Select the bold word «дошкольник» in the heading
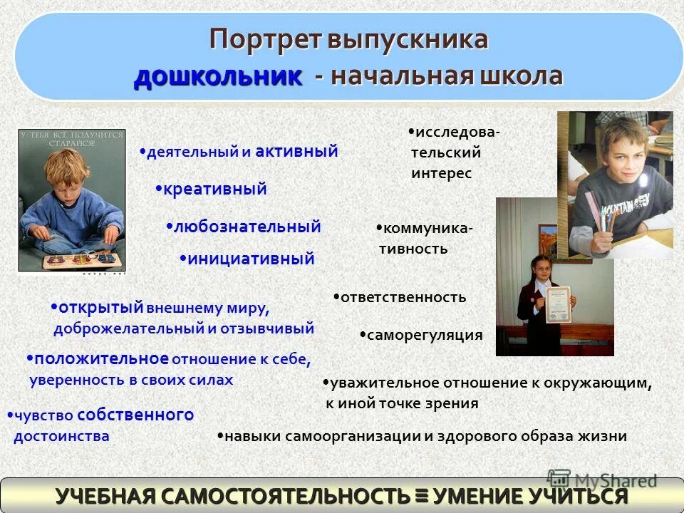(x=217, y=76)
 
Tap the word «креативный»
(x=214, y=190)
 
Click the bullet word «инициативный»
(x=251, y=259)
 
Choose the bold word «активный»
(x=296, y=151)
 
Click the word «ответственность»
(x=403, y=297)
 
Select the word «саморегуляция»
(x=425, y=335)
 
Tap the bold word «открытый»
(x=101, y=307)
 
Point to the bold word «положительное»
(x=101, y=358)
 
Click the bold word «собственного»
(x=135, y=415)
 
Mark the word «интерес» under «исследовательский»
(x=441, y=174)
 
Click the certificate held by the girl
(x=559, y=305)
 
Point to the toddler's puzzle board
(x=72, y=259)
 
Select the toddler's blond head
(x=65, y=168)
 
